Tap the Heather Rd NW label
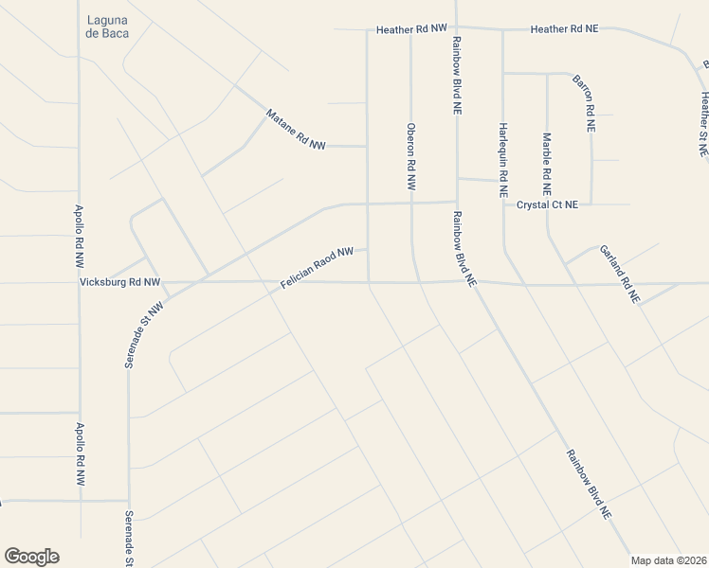(410, 29)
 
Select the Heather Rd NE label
(565, 29)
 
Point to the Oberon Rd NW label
(411, 157)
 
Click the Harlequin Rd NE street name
(503, 159)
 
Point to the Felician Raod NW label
(317, 269)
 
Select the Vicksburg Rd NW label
(120, 282)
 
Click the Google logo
(31, 557)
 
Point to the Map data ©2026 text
(669, 559)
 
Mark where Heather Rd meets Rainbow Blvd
(456, 28)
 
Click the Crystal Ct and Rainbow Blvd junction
(457, 202)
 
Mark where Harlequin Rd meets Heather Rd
(502, 29)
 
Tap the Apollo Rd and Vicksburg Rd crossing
(79, 282)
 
